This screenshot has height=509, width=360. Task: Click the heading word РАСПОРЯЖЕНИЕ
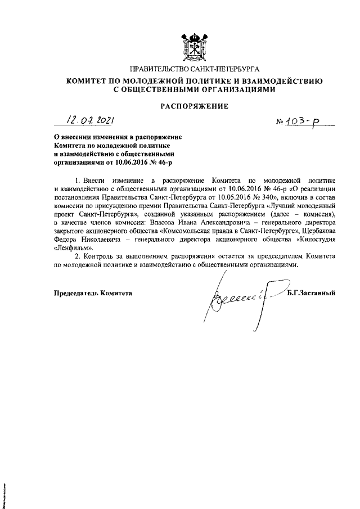coord(195,105)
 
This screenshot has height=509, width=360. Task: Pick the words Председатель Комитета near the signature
coord(93,292)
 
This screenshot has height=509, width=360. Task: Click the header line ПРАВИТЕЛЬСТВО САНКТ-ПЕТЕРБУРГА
coord(195,69)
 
